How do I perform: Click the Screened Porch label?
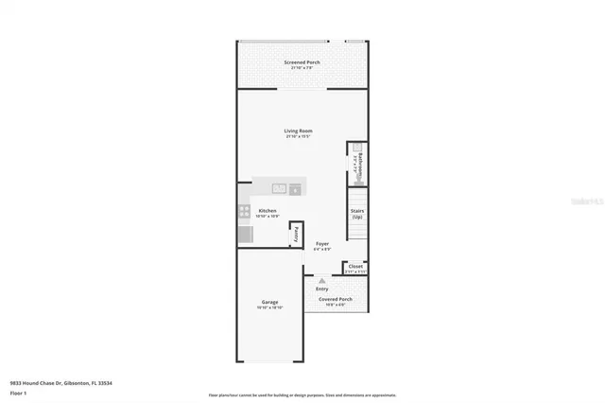click(302, 62)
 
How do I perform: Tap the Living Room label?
click(299, 131)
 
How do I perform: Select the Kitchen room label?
click(268, 210)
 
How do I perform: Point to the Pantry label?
click(296, 232)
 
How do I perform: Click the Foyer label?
click(322, 243)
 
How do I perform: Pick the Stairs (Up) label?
click(357, 215)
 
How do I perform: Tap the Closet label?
click(354, 267)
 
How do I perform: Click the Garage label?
click(269, 302)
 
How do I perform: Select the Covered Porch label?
click(335, 299)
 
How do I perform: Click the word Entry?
click(322, 289)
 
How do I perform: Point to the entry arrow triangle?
click(322, 280)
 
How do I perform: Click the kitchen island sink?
click(280, 188)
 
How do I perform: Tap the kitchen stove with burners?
click(244, 212)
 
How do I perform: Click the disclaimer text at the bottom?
click(302, 394)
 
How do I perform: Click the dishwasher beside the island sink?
click(295, 189)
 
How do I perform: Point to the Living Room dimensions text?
click(299, 137)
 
